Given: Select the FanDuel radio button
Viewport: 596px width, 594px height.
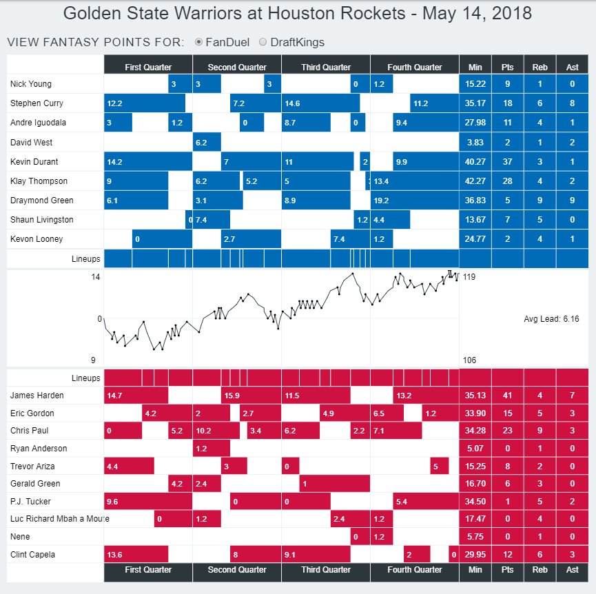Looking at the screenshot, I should click(199, 42).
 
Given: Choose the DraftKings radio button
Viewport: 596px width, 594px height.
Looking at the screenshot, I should click(263, 42).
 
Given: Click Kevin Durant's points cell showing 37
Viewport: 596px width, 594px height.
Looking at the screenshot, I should click(508, 162).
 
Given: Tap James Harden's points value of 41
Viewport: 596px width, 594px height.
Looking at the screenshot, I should click(508, 396).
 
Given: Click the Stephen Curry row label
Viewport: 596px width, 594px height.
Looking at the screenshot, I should click(37, 103).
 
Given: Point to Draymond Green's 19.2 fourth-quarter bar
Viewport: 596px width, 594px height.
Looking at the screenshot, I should click(414, 201).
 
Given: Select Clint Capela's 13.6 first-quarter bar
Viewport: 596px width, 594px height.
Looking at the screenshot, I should click(136, 555).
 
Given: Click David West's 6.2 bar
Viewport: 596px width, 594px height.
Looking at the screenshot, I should click(207, 143).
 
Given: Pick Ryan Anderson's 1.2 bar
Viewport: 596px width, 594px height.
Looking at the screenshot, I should click(211, 449).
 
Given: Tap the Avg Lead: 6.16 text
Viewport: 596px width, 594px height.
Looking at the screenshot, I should click(551, 319).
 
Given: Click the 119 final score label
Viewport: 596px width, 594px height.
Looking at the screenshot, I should click(469, 277).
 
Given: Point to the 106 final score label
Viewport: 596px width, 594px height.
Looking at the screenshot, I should click(469, 360).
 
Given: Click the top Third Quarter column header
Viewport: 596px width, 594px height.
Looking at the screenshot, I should click(326, 67).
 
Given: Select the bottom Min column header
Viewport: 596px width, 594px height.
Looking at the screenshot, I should click(475, 570).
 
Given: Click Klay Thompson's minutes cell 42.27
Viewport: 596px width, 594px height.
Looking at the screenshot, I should click(475, 181).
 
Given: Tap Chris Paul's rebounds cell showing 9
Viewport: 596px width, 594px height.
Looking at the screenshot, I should click(540, 431).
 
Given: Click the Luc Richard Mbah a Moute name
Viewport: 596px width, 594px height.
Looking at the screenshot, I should click(59, 519).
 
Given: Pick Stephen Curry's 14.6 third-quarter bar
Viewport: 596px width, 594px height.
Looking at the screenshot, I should click(320, 103).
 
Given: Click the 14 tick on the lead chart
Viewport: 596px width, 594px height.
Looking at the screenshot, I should click(96, 277).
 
